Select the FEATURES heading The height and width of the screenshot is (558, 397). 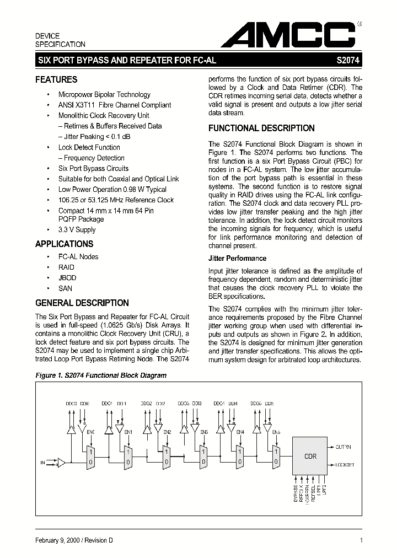56,79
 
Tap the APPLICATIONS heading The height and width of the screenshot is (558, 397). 64,244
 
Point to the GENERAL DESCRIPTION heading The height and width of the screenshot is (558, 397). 82,303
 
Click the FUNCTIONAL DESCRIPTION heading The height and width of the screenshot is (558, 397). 261,128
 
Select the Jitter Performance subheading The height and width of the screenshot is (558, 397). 237,258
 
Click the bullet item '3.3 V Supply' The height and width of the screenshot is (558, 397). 77,230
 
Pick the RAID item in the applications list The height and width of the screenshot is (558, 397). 66,267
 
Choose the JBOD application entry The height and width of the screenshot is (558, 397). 67,278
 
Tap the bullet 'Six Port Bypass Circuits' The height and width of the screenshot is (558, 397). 93,169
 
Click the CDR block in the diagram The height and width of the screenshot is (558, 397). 310,457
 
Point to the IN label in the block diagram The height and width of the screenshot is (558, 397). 43,463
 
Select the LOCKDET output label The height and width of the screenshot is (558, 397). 345,465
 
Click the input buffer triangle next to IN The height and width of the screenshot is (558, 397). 61,463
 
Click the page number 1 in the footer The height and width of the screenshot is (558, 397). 361,541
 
